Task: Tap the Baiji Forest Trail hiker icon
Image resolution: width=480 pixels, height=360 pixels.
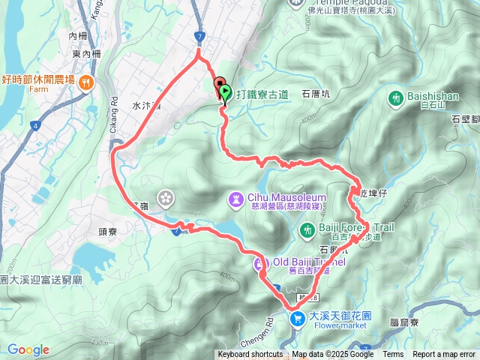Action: (x=306, y=229)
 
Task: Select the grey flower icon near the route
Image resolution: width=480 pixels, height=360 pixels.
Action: (x=166, y=197)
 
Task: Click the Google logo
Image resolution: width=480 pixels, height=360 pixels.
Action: (x=28, y=349)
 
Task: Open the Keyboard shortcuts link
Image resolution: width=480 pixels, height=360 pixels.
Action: (x=250, y=355)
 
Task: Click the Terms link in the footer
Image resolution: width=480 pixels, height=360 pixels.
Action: (x=393, y=355)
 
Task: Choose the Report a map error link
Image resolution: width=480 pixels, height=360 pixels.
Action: (x=444, y=355)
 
